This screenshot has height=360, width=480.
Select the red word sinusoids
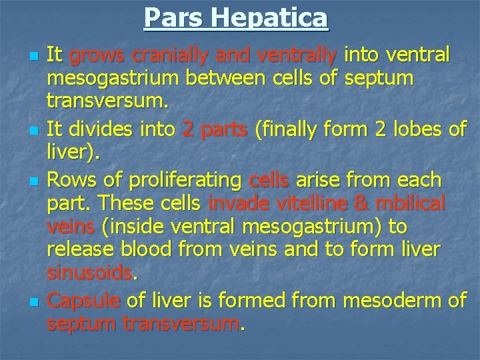[x=90, y=273]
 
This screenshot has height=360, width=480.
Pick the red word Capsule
[x=84, y=301]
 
